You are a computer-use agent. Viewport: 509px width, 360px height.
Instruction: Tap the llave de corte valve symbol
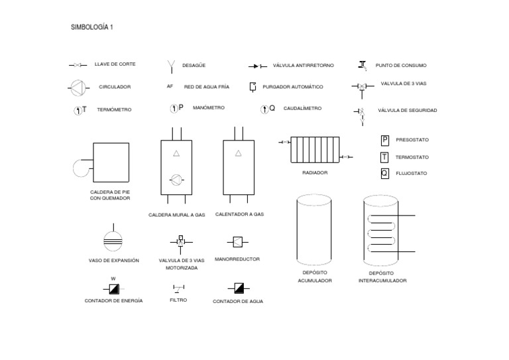[78, 65]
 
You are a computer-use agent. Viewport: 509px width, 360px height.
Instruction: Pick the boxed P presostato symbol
[384, 140]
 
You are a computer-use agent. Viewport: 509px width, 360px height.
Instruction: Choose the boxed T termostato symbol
[384, 157]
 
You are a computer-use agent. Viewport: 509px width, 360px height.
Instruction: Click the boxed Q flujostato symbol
[384, 174]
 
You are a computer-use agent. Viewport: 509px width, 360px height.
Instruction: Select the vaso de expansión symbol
[114, 239]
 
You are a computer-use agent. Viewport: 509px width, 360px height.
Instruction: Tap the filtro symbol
[178, 288]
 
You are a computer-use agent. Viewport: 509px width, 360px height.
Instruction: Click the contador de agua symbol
[238, 288]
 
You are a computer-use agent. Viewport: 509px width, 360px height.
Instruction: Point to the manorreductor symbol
[238, 242]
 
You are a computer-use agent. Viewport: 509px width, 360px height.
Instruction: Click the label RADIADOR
[315, 172]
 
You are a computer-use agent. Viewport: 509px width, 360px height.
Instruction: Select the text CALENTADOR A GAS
[240, 214]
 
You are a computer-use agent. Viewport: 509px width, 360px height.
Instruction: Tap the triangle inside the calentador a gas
[238, 154]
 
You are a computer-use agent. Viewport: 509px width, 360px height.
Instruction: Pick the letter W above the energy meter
[113, 278]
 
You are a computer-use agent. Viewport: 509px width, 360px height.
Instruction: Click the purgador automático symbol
[253, 87]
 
